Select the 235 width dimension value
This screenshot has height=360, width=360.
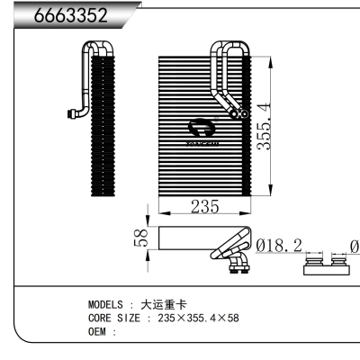pyautogui.click(x=204, y=206)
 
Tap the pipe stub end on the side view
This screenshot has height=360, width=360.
pyautogui.click(x=69, y=113)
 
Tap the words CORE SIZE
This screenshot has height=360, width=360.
pyautogui.click(x=113, y=319)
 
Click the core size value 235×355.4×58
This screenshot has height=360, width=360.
pyautogui.click(x=197, y=319)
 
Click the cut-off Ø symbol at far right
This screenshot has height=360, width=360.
pyautogui.click(x=353, y=244)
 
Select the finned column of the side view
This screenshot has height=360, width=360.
pyautogui.click(x=103, y=126)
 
